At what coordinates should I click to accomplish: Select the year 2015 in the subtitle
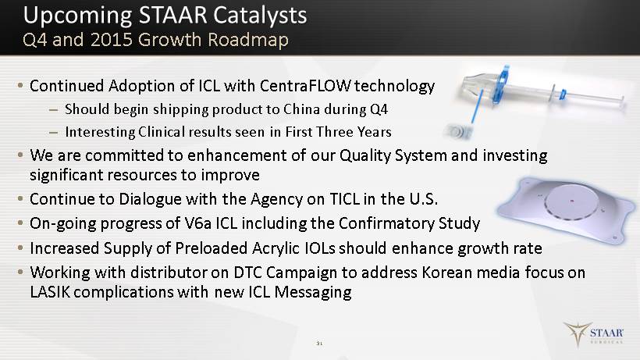point(111,40)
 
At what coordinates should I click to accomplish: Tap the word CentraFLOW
point(305,86)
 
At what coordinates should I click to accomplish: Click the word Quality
point(365,156)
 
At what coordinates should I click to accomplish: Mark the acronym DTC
point(248,273)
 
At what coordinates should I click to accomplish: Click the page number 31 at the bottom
point(319,344)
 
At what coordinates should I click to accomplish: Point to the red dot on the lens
point(572,201)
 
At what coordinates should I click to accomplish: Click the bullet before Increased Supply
point(20,248)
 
